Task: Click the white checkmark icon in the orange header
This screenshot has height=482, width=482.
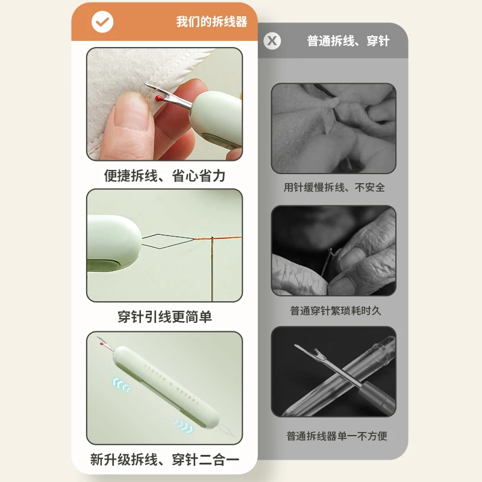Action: [102, 22]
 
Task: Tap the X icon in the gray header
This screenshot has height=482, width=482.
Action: [272, 41]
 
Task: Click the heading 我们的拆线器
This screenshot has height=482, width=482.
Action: [211, 22]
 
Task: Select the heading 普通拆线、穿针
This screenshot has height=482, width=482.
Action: [348, 41]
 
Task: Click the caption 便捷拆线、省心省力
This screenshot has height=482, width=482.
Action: [164, 175]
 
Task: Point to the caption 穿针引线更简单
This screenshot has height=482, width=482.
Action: [164, 316]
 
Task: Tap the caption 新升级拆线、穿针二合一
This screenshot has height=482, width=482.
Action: [164, 460]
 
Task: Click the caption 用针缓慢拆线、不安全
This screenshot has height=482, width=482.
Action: [334, 187]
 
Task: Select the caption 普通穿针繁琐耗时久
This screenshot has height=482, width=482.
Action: [335, 311]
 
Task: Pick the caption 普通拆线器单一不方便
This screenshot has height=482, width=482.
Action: [336, 436]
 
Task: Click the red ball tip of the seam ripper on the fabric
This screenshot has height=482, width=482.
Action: [158, 98]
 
